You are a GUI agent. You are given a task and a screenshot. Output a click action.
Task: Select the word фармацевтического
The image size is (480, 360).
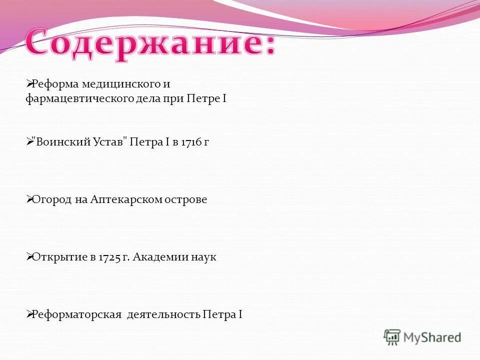coord(79,98)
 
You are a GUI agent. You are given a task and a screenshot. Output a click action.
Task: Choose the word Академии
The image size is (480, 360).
coord(160,257)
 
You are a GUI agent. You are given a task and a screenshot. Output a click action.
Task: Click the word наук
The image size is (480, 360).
coord(204,257)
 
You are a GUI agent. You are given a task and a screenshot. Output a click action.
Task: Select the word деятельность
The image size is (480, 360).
coord(163,315)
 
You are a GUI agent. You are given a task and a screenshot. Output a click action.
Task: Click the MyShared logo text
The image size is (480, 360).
coord(432,337)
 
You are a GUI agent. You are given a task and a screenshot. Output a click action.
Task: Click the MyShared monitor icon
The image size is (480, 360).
coord(392,337)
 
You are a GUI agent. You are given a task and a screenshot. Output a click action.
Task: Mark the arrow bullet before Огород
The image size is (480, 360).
coord(29,199)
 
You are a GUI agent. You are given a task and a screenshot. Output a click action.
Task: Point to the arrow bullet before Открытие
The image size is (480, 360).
coord(29,256)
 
